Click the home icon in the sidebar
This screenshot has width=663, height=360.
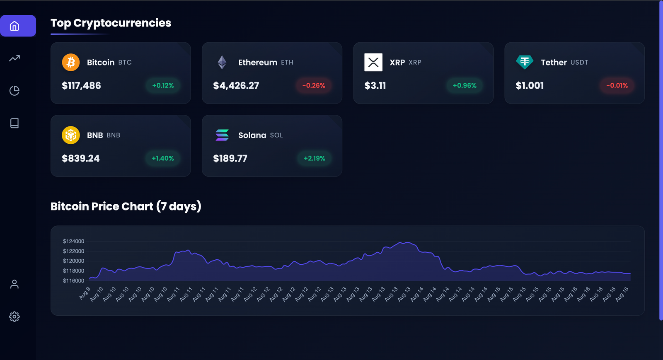[x=15, y=26]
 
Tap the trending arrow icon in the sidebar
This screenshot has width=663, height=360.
[x=15, y=58]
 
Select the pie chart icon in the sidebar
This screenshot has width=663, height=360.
[x=15, y=91]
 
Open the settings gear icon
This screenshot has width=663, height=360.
[x=15, y=317]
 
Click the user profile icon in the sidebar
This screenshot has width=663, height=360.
[x=15, y=284]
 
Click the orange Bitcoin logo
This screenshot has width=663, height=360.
[x=71, y=63]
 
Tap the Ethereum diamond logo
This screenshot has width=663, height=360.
[x=222, y=63]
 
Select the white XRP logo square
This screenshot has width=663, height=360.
[x=373, y=63]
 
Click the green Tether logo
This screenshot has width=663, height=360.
[x=525, y=62]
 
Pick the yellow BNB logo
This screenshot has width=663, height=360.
[x=71, y=135]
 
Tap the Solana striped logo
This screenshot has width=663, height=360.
[x=222, y=135]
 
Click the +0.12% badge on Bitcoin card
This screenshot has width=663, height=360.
[x=163, y=86]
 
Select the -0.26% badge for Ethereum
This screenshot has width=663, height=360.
[x=314, y=86]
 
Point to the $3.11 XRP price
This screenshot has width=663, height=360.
[x=375, y=86]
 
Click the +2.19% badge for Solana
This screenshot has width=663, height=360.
[x=315, y=158]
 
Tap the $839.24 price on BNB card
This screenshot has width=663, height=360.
[x=81, y=159]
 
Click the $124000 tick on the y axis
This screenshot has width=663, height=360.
[x=73, y=241]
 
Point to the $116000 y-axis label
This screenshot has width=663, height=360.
[x=73, y=281]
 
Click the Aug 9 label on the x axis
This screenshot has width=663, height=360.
[x=85, y=292]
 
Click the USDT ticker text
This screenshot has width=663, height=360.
[x=579, y=63]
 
